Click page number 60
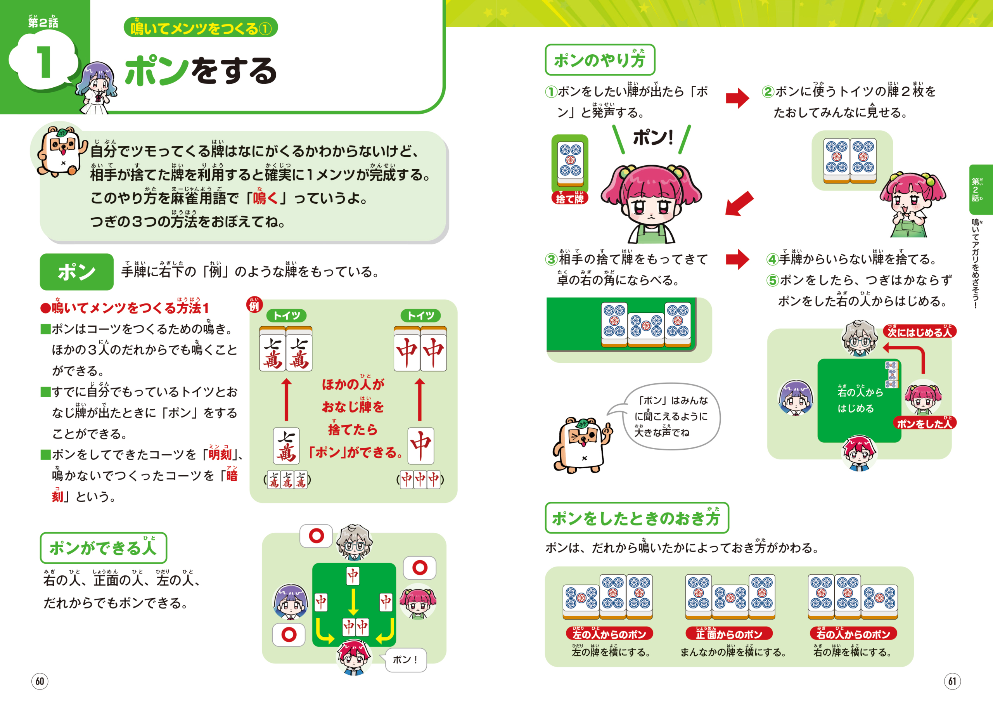[x=40, y=681]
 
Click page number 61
[x=952, y=681]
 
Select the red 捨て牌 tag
[x=569, y=198]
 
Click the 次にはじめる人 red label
[x=919, y=332]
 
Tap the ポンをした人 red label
[x=924, y=423]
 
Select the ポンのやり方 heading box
[x=600, y=59]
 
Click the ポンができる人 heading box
[x=103, y=548]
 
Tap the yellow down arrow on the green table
[x=353, y=601]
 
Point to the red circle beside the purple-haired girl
[x=289, y=635]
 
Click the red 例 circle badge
[x=254, y=305]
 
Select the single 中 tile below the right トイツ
[x=420, y=446]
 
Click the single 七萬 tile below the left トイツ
[x=286, y=446]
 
